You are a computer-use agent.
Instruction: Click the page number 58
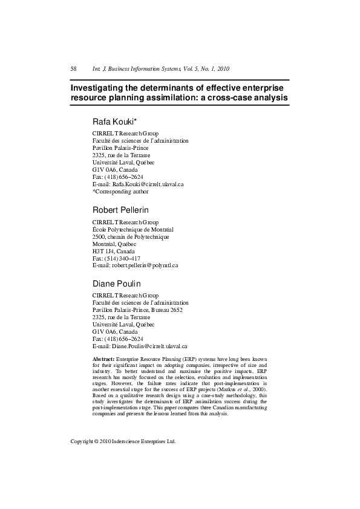(x=74, y=68)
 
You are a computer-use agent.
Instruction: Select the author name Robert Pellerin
(x=120, y=210)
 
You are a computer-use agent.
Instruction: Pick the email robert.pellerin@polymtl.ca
(x=144, y=265)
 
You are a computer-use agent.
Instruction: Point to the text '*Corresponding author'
(x=120, y=191)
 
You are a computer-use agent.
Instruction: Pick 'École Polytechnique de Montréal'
(x=133, y=230)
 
